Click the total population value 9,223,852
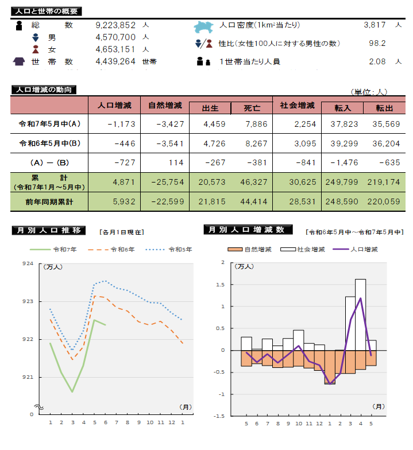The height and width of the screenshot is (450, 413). [x=115, y=25]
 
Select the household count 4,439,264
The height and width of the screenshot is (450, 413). [x=115, y=61]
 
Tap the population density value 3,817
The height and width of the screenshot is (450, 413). [x=376, y=25]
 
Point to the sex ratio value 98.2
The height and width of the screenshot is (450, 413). [x=377, y=43]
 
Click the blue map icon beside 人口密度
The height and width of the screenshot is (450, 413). [x=204, y=26]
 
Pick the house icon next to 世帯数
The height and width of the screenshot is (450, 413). [x=19, y=61]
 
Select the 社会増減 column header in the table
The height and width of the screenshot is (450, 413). [x=296, y=106]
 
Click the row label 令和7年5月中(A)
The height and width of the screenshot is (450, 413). [x=49, y=124]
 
